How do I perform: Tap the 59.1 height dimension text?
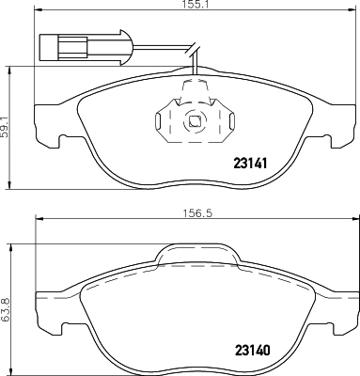pos(8,124)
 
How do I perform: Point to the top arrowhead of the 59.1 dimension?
pos(12,67)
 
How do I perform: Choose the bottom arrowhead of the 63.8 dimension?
pos(12,368)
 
